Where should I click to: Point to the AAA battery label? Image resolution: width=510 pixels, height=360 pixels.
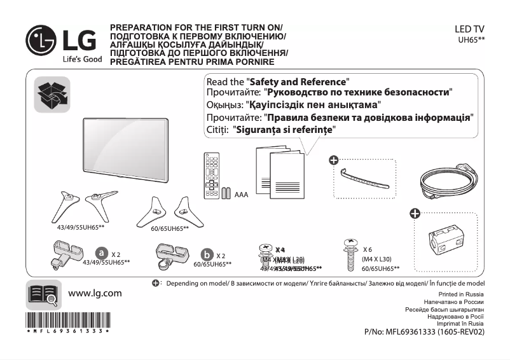pyautogui.click(x=241, y=195)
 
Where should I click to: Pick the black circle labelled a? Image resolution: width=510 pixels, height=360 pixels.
pyautogui.click(x=101, y=254)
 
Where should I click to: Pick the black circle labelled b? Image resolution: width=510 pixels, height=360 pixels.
pyautogui.click(x=207, y=256)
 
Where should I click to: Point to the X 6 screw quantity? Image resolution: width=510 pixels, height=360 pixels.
pyautogui.click(x=368, y=249)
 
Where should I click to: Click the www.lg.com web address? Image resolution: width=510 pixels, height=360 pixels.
pyautogui.click(x=94, y=293)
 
